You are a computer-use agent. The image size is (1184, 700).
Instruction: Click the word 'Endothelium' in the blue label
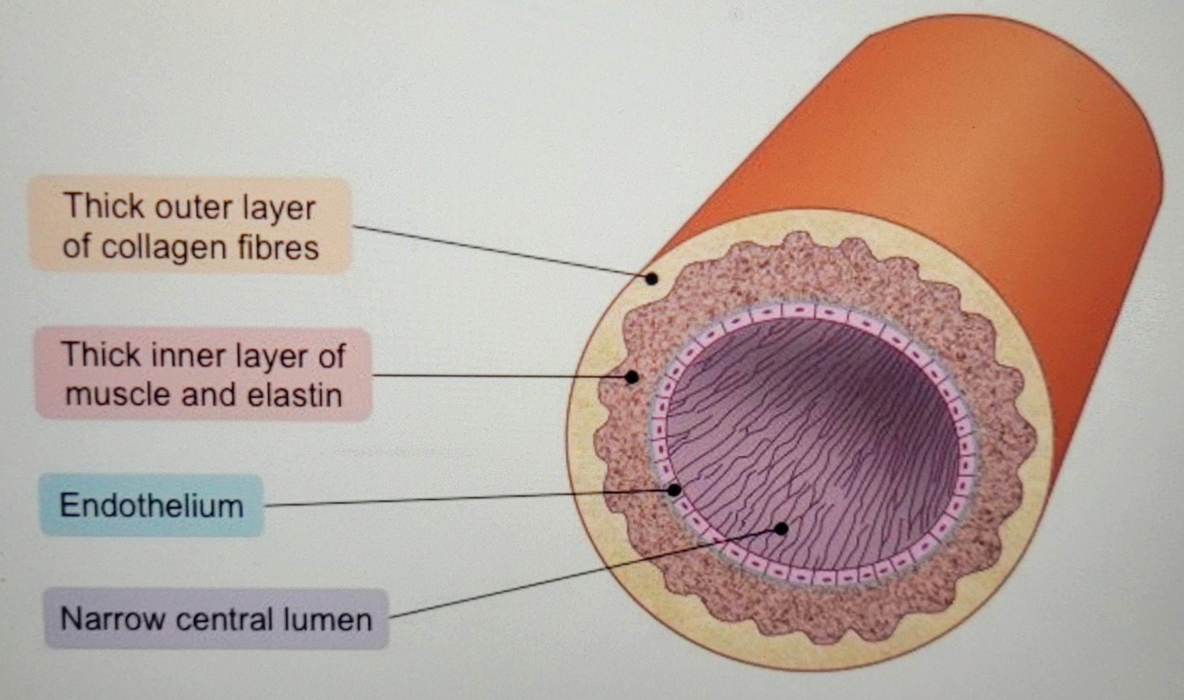point(152,505)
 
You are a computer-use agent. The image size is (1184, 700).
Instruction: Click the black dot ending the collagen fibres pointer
point(651,279)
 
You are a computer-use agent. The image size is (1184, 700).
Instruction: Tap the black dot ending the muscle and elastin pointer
point(631,377)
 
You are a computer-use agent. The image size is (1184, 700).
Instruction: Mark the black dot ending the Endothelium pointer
point(674,490)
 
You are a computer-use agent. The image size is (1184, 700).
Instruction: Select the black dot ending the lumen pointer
point(781,529)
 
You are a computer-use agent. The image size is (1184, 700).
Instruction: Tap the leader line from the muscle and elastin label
point(496,376)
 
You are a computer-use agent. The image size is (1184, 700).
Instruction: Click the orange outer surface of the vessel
point(967,141)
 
